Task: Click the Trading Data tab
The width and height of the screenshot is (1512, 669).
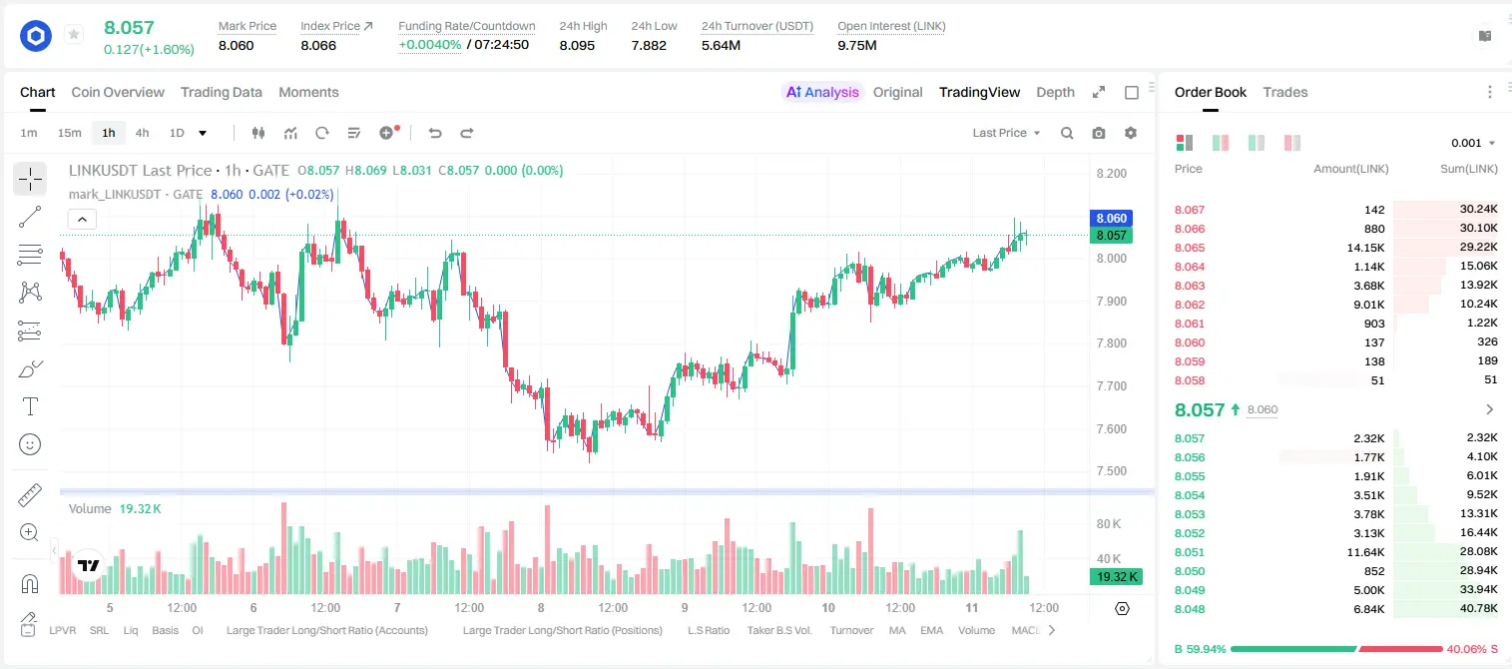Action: point(221,92)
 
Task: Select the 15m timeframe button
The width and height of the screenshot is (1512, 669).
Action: point(70,133)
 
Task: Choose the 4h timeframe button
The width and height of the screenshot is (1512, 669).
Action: point(142,133)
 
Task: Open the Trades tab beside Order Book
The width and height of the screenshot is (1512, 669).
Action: point(1285,92)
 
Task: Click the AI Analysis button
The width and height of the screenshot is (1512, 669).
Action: point(822,92)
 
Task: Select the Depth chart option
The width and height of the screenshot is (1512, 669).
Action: point(1055,92)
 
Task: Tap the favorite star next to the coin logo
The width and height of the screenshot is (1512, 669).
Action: point(74,34)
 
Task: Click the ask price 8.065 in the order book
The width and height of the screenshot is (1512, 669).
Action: point(1190,248)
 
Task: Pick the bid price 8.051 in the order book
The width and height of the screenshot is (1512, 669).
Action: point(1190,552)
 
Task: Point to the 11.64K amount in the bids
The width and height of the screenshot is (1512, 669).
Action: point(1365,552)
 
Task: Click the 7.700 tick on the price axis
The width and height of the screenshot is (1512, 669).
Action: point(1112,386)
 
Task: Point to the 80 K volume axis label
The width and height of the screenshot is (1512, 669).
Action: point(1109,524)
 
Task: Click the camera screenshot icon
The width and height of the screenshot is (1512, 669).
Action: point(1099,133)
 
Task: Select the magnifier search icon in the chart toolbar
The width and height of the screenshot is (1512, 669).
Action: point(1067,133)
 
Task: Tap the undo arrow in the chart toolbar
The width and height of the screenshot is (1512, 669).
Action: point(435,133)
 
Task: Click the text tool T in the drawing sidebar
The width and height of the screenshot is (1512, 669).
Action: point(30,406)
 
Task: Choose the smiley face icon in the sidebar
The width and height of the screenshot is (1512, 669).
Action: point(30,444)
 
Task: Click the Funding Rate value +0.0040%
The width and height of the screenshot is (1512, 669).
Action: point(430,45)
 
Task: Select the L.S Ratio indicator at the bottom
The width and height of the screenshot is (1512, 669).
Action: point(708,630)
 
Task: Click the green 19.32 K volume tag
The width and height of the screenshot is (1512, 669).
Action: point(1117,576)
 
